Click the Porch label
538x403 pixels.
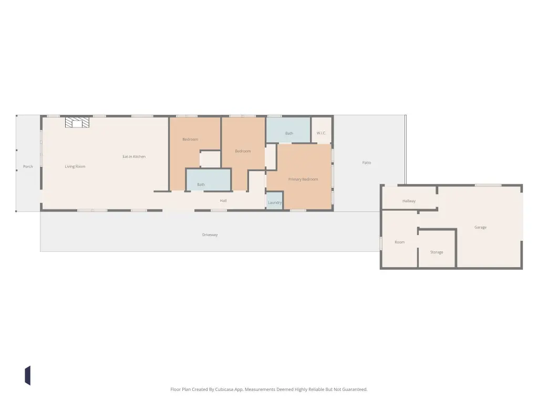coord(28,166)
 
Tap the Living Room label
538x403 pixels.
coord(75,166)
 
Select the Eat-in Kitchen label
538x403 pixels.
coord(134,156)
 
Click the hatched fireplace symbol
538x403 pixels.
coord(77,122)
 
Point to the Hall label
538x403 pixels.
coord(223,201)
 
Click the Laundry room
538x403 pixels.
coord(274,200)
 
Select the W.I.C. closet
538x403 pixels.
coord(321,130)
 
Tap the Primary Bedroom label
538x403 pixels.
coord(303,179)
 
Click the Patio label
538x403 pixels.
coord(366,163)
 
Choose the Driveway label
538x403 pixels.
coord(210,235)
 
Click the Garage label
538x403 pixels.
coord(480,227)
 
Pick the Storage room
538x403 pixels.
coord(437,248)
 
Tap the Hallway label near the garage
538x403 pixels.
coord(409,201)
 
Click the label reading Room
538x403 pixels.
coord(400,242)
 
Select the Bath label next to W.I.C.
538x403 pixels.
coord(289,133)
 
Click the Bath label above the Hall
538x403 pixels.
coord(201,185)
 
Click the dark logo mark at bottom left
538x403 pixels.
coord(28,376)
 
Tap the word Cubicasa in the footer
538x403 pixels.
coord(225,389)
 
